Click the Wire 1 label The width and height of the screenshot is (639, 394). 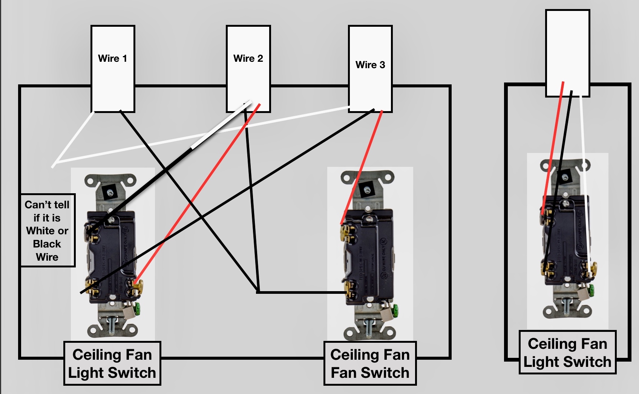112,59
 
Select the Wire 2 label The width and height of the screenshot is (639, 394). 248,59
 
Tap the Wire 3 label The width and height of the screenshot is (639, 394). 370,65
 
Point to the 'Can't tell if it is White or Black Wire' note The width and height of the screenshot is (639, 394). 48,231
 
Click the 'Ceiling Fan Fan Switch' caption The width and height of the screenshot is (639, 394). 370,363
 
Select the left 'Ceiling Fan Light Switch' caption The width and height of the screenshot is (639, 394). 112,363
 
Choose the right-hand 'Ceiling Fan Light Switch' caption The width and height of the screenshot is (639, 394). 567,353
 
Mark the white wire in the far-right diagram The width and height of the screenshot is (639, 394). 584,170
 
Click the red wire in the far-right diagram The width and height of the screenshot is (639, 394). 552,151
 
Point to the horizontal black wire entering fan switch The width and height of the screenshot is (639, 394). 302,292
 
